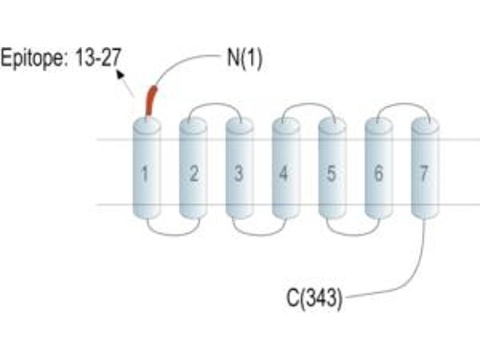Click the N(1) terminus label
click(x=244, y=58)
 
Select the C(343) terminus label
click(x=314, y=298)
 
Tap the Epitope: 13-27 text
click(x=61, y=58)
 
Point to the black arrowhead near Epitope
click(x=120, y=74)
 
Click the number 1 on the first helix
click(x=145, y=174)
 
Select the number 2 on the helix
click(x=193, y=173)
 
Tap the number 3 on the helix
click(x=238, y=173)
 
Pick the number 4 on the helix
click(x=283, y=173)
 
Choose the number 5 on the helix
click(x=331, y=173)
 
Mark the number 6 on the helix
click(x=379, y=173)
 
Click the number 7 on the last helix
click(x=424, y=173)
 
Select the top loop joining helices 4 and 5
click(x=308, y=104)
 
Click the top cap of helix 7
click(x=425, y=125)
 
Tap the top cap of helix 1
click(x=146, y=125)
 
